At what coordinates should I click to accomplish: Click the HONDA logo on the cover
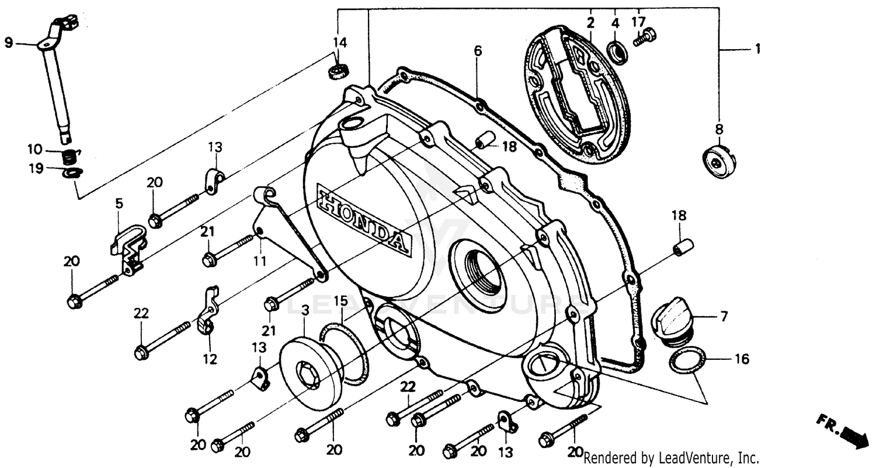[363, 219]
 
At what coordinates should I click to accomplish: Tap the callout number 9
[8, 42]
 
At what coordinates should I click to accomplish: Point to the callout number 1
[757, 50]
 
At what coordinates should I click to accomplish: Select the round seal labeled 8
[718, 161]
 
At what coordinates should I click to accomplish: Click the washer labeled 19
[72, 172]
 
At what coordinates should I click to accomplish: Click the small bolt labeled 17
[645, 37]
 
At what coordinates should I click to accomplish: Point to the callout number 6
[478, 51]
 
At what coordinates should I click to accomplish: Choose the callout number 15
[341, 301]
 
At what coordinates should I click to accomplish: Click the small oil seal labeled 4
[616, 51]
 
